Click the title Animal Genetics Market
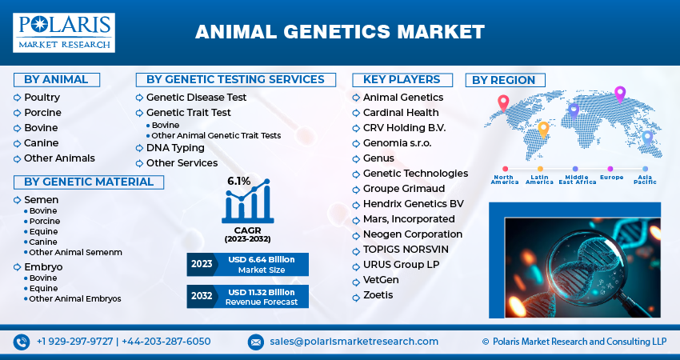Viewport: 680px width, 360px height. pos(340,32)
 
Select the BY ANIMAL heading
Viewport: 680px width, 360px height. pos(55,79)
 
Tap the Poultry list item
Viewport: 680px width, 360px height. pos(42,98)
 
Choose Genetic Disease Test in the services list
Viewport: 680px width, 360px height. pos(196,98)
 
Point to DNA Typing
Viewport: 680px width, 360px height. pos(175,148)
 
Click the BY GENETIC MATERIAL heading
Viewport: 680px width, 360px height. pos(88,182)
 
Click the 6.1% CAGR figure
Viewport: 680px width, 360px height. pos(239,181)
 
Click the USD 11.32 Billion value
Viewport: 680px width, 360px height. pos(261,291)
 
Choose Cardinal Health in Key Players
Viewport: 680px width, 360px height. pos(401,113)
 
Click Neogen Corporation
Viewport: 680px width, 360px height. pos(413,234)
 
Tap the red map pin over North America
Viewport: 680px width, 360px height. pos(503,102)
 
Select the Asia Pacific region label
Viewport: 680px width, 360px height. pos(645,180)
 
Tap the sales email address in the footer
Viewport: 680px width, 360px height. pos(354,342)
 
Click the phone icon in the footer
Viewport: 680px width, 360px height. pos(22,342)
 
